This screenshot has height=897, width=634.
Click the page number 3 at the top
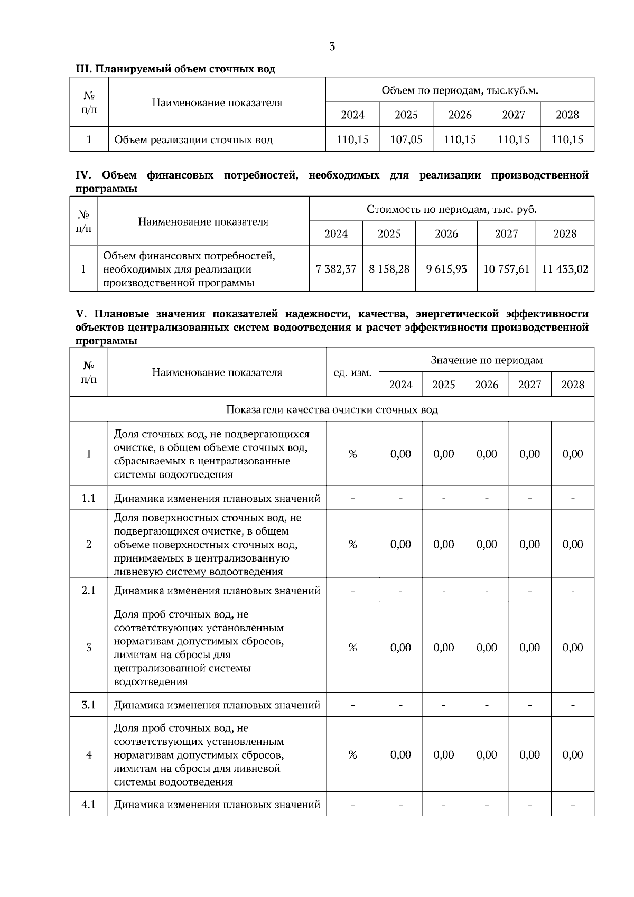[x=332, y=46]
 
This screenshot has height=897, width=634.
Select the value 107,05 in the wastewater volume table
[x=406, y=139]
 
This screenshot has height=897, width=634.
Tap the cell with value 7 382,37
[x=336, y=269]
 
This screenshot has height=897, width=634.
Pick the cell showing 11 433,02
[x=565, y=269]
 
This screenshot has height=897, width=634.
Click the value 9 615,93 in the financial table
[x=446, y=269]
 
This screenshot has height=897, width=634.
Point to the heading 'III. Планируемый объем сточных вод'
[x=175, y=69]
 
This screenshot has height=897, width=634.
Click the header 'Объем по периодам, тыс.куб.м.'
[x=460, y=90]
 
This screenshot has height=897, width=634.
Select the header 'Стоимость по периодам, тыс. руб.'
[x=451, y=209]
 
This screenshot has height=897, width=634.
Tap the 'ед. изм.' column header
[x=352, y=372]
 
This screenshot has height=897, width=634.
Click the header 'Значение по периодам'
[x=486, y=360]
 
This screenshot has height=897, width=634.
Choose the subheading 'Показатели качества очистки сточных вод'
[x=332, y=409]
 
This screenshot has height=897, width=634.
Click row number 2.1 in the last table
[x=89, y=590]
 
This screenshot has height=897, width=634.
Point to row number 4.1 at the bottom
[x=89, y=804]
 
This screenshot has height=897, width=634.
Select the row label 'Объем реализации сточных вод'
[x=193, y=139]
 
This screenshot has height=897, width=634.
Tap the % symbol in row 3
[x=352, y=648]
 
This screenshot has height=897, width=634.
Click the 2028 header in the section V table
[x=573, y=385]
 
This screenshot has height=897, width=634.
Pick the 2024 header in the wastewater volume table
[x=352, y=115]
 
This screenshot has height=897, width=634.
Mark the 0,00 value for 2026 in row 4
[x=487, y=754]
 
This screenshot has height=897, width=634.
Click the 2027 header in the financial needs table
[x=506, y=233]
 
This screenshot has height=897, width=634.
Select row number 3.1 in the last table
[x=89, y=705]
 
